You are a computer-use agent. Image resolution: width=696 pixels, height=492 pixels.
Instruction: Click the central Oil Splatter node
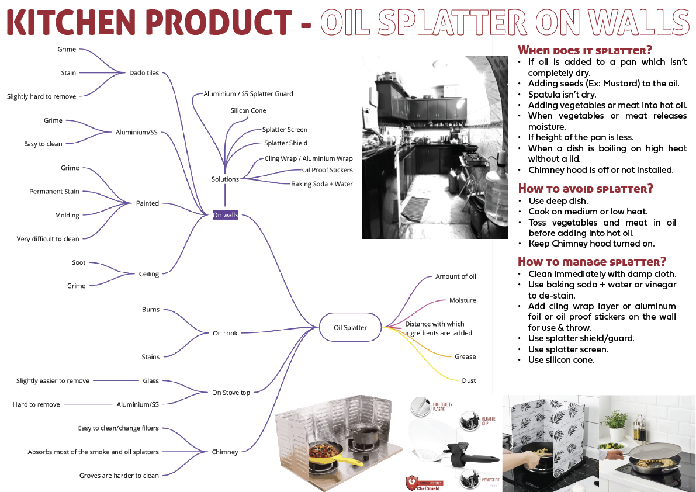(x=350, y=327)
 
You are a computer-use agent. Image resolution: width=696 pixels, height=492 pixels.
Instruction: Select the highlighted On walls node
(x=225, y=215)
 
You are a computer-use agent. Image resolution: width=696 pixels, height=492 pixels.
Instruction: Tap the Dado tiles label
(x=144, y=73)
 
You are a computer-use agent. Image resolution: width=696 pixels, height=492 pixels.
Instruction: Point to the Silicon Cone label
(x=248, y=110)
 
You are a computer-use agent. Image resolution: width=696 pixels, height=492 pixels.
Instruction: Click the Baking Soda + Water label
(x=322, y=184)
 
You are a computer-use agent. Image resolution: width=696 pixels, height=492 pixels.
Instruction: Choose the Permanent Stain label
(x=54, y=192)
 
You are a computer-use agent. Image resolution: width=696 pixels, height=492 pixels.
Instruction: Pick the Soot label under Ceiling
(x=79, y=262)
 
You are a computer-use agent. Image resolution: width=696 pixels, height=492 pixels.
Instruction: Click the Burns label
(x=150, y=310)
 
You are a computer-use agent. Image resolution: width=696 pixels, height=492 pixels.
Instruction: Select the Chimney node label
(x=225, y=452)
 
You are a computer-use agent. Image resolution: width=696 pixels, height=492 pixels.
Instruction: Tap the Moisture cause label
(x=462, y=300)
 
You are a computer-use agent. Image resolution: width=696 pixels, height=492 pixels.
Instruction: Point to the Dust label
(x=469, y=380)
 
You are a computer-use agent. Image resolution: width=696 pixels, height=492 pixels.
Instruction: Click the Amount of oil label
(x=456, y=276)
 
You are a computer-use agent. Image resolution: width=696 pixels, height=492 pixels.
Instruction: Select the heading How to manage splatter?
(x=592, y=261)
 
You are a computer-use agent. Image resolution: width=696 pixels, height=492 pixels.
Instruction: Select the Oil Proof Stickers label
(x=327, y=170)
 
